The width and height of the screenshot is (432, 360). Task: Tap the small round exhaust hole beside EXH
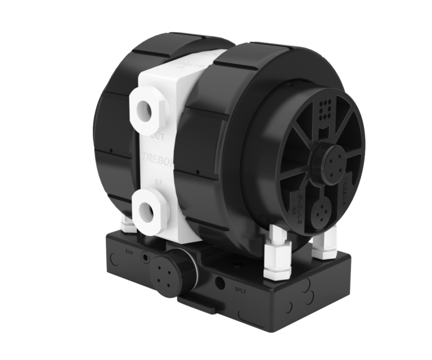[x=147, y=256]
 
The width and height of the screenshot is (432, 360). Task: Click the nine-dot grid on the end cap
[x=324, y=107]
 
